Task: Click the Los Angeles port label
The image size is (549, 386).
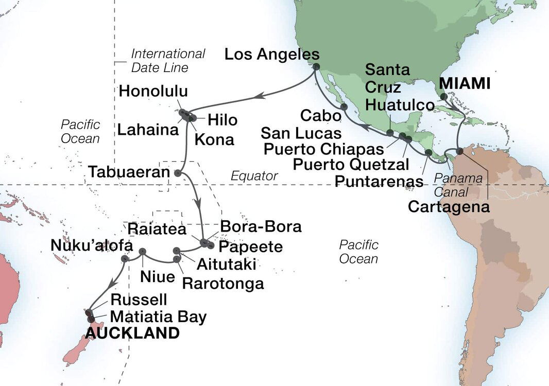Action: click(x=272, y=55)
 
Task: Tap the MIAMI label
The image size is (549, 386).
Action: click(x=471, y=84)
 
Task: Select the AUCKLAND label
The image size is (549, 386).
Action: click(x=132, y=333)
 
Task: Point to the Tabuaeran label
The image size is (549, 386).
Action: click(x=129, y=172)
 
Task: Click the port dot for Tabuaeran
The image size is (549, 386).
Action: click(x=178, y=173)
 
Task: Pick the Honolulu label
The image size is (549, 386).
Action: click(x=153, y=92)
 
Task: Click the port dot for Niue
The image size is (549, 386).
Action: click(x=143, y=252)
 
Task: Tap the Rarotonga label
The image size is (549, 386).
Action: click(x=223, y=283)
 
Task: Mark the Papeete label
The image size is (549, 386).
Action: click(x=251, y=247)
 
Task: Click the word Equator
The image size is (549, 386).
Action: click(x=254, y=176)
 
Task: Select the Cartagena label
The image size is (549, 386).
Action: click(x=449, y=207)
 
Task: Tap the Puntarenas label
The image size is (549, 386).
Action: click(x=379, y=181)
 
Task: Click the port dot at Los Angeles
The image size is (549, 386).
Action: click(x=316, y=67)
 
